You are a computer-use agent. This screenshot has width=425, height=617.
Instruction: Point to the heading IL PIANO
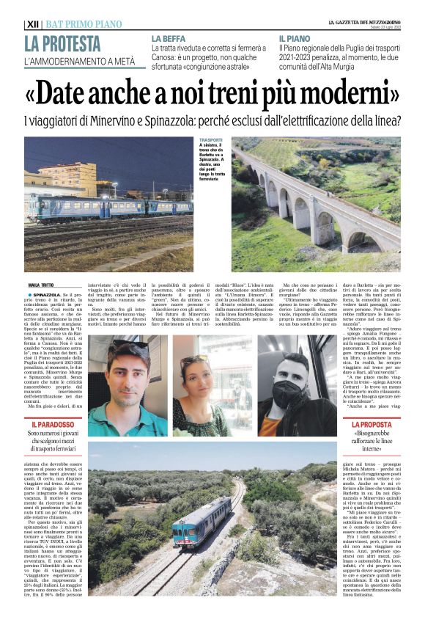pos(295,37)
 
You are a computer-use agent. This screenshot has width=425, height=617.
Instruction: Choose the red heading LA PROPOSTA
pos(372,424)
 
